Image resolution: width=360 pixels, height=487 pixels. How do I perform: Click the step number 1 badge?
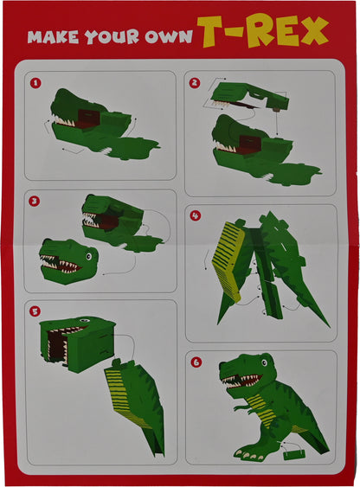(35, 83)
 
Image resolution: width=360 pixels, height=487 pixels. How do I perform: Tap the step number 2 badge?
(195, 83)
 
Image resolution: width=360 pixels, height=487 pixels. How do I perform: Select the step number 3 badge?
(34, 202)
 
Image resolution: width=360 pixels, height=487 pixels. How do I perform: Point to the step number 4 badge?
(196, 215)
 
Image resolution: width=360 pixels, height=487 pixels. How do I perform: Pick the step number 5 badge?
(35, 311)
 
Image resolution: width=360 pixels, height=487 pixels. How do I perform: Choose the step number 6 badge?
(196, 362)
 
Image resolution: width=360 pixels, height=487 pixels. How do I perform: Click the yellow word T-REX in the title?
(263, 31)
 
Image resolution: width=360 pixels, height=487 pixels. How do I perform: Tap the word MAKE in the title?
(53, 37)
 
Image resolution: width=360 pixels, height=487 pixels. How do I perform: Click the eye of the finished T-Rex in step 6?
(264, 362)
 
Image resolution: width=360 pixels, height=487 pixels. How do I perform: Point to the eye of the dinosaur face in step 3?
(89, 257)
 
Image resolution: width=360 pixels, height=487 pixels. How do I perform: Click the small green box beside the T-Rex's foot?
(294, 455)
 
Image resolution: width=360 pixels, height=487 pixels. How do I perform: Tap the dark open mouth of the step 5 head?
(56, 344)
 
